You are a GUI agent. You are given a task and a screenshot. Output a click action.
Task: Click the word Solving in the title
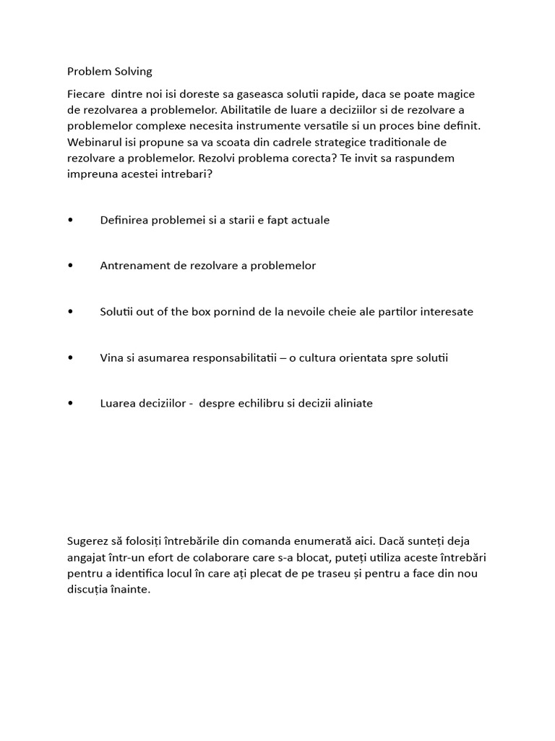point(132,72)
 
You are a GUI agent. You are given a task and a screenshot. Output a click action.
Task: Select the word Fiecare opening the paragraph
point(87,94)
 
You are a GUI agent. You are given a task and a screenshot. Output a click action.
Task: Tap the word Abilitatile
point(257,110)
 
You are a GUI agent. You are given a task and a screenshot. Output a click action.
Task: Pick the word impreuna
point(93,174)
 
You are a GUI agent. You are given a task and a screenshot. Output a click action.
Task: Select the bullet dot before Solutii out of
point(70,312)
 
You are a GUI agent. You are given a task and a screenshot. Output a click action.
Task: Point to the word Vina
point(112,357)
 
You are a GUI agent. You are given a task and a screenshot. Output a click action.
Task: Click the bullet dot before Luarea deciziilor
point(70,404)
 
